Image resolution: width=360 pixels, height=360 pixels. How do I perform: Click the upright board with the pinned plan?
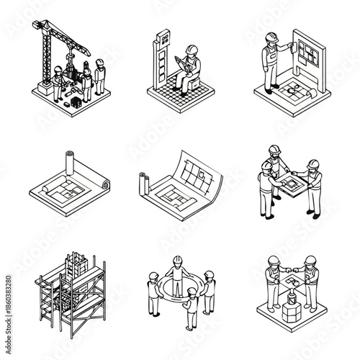[301, 55]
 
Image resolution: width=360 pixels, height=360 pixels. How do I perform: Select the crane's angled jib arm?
[72, 36]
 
